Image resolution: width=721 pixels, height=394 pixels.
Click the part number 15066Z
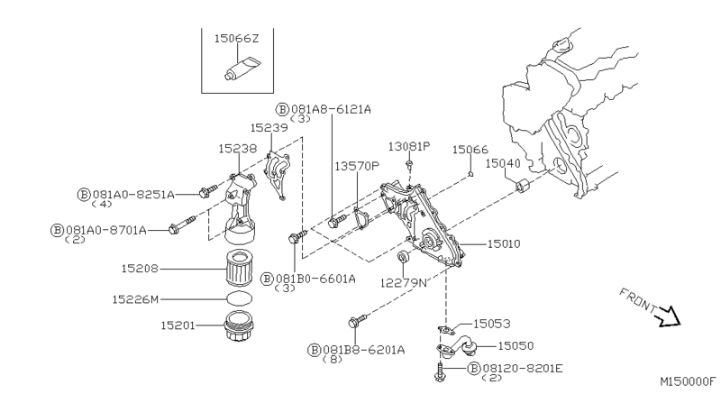click(236, 39)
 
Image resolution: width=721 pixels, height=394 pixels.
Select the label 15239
click(268, 128)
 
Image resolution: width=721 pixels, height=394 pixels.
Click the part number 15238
click(236, 145)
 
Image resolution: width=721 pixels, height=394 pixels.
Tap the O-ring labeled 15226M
click(238, 298)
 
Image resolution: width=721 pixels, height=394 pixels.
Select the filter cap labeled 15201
click(238, 326)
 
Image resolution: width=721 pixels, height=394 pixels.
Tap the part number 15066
click(470, 150)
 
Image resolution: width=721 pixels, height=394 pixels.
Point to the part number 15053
click(493, 322)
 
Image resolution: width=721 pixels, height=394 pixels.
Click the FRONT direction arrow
click(668, 315)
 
